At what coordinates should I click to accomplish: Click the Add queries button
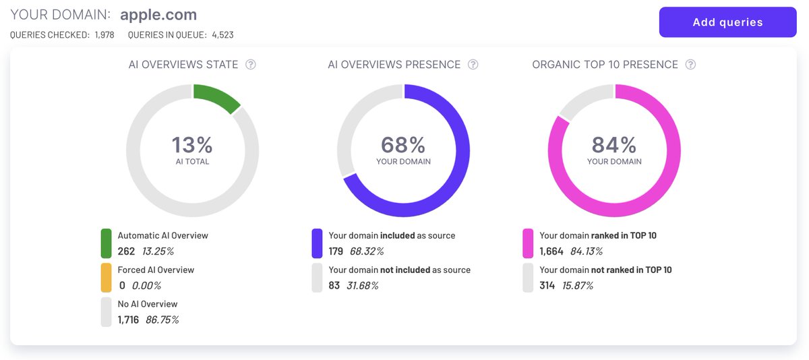(727, 22)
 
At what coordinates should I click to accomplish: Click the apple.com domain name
(158, 14)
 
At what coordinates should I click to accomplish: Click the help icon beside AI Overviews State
(251, 65)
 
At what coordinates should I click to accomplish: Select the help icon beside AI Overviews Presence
(473, 65)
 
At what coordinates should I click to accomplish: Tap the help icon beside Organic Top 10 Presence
(690, 65)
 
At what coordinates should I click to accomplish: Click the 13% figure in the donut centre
(192, 145)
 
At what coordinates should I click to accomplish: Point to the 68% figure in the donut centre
(403, 145)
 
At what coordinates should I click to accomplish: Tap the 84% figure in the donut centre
(614, 145)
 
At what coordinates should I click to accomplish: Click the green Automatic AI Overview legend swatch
(106, 243)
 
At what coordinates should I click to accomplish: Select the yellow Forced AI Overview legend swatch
(106, 278)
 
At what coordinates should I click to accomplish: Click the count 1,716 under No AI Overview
(128, 320)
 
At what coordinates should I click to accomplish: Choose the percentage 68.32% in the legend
(367, 251)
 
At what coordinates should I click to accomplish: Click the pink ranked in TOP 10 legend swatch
(528, 243)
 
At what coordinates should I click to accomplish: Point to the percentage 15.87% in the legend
(578, 285)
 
